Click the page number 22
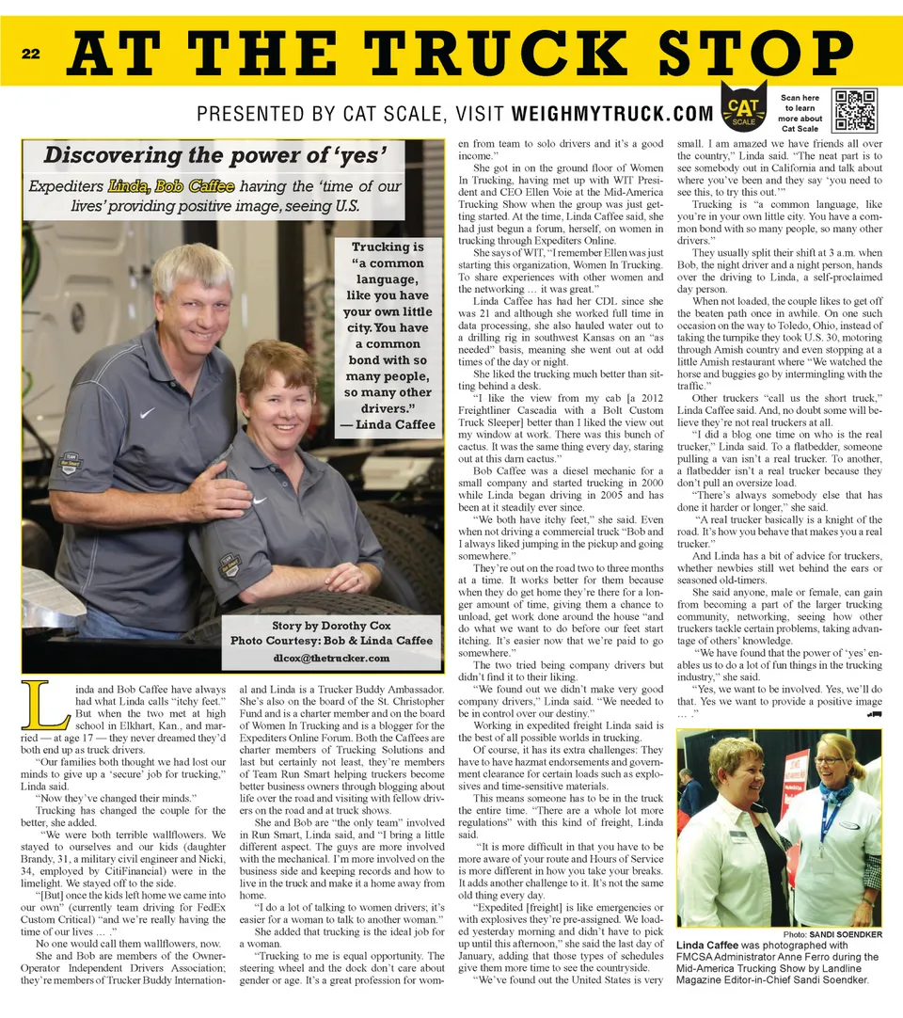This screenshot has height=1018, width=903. point(30,55)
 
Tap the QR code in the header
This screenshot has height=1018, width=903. point(854,110)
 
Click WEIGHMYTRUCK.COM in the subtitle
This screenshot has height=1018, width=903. point(612,114)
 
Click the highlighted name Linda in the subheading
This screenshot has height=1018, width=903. point(128,185)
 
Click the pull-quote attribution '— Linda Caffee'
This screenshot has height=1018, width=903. point(388,424)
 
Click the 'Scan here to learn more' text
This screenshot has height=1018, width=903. point(800,113)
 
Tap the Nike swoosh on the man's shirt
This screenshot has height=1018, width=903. point(146,411)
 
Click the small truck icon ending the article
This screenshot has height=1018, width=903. point(875,713)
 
